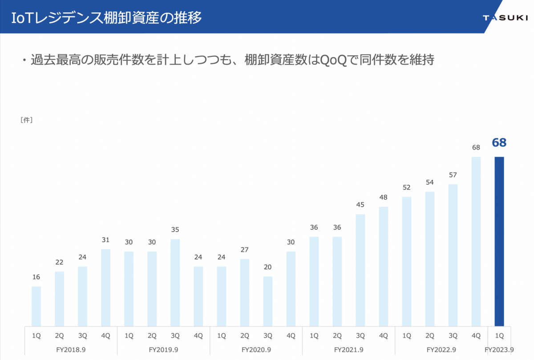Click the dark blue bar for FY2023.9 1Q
(499, 241)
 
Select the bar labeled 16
(36, 306)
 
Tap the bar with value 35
(175, 283)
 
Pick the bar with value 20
(268, 301)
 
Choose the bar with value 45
(360, 270)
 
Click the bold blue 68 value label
(499, 142)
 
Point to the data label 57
(453, 175)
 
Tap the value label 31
(105, 240)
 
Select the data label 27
(245, 250)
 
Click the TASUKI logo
(506, 18)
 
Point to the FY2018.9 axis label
(71, 350)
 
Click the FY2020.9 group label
(256, 350)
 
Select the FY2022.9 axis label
(441, 350)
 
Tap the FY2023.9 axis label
(499, 350)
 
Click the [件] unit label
(26, 120)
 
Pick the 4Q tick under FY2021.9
(384, 336)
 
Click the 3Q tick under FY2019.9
(175, 336)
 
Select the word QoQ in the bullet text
(333, 60)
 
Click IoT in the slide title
(22, 18)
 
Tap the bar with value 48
(384, 266)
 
